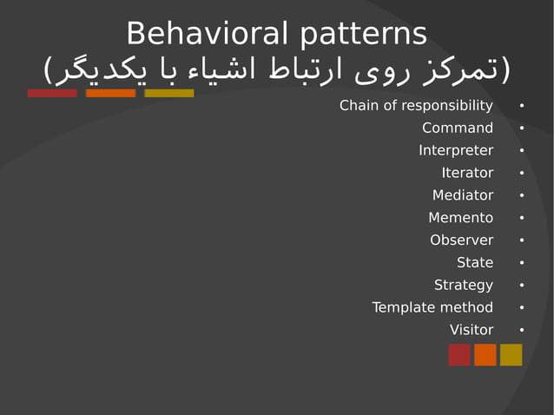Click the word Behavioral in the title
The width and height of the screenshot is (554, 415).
tap(207, 34)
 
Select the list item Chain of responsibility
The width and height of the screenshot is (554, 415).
tap(416, 106)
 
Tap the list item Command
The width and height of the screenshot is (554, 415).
tap(458, 128)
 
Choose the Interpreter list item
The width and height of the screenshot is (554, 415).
tap(456, 151)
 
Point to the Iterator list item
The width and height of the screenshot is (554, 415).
tap(467, 173)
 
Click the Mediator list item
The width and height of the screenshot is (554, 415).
tap(463, 195)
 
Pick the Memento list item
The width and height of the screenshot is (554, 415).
tap(460, 218)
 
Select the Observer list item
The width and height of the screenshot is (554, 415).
tap(461, 240)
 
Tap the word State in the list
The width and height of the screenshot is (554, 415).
tap(475, 262)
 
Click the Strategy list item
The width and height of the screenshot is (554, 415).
tap(464, 285)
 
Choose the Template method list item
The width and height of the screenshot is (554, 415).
tap(432, 307)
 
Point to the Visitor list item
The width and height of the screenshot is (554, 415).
tap(472, 330)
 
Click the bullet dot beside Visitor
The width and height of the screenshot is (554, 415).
tap(521, 331)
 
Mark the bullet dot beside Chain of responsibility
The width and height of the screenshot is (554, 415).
tap(521, 107)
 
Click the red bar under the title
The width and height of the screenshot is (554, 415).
tap(52, 93)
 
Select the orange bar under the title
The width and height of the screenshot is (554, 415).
tap(110, 93)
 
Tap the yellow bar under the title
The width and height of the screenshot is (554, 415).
tap(169, 93)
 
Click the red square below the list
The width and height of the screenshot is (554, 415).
tap(459, 355)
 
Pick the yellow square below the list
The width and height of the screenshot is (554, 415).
tap(511, 355)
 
